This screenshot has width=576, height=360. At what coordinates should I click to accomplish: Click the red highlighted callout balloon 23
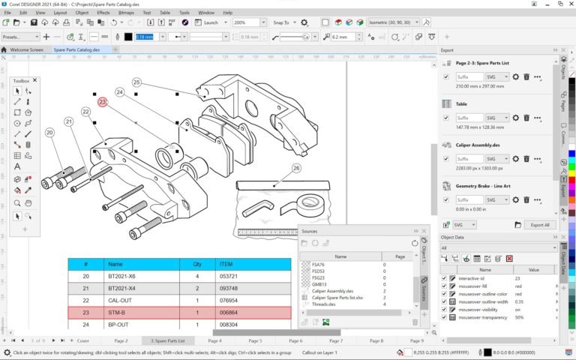(x=103, y=101)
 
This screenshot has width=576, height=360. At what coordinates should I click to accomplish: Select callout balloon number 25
(x=136, y=82)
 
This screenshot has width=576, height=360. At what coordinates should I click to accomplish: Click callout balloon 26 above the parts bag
(x=296, y=168)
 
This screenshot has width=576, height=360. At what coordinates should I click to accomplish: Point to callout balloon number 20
(x=49, y=133)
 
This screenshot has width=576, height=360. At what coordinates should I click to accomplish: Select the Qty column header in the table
(x=197, y=264)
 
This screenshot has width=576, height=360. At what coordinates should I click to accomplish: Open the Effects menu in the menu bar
(x=103, y=13)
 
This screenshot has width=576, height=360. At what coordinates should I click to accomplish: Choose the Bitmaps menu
(x=126, y=13)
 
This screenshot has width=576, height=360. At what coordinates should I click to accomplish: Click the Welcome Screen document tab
(x=26, y=49)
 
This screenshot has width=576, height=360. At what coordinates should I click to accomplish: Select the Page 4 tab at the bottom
(x=215, y=340)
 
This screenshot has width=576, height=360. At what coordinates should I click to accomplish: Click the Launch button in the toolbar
(x=211, y=22)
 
